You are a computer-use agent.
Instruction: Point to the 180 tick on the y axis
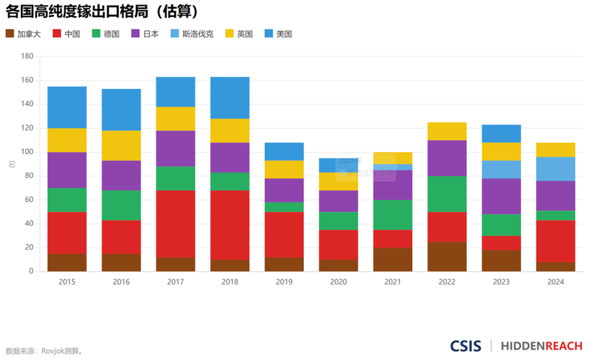coord(27,56)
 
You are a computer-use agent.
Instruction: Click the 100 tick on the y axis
coord(27,152)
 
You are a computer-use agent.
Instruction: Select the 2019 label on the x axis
coord(284,282)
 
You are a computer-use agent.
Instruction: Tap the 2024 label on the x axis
coord(555,282)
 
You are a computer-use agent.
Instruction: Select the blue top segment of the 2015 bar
coord(67,107)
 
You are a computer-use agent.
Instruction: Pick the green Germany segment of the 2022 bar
coord(447,194)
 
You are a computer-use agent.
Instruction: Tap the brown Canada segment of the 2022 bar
coord(447,256)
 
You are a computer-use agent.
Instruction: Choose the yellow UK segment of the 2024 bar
coord(555,150)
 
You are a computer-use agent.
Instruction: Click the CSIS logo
coord(466,346)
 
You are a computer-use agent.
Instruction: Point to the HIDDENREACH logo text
coord(542,346)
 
